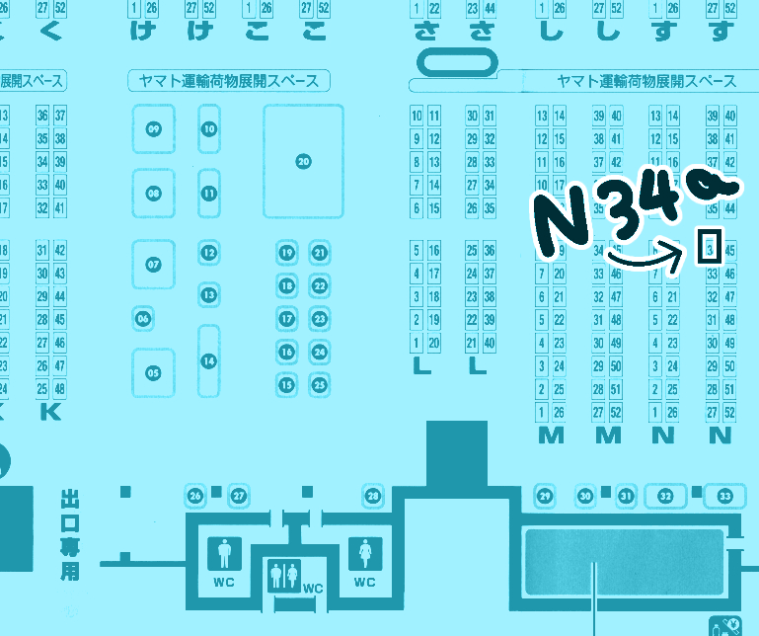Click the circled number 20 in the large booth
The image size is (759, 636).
click(x=303, y=161)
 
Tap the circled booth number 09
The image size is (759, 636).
click(x=153, y=129)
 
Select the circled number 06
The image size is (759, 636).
click(x=144, y=318)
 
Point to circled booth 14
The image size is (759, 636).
click(x=208, y=361)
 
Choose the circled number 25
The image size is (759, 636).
click(x=319, y=384)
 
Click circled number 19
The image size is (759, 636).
click(x=287, y=254)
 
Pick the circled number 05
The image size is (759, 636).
click(x=153, y=372)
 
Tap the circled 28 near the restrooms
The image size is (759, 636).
click(x=372, y=495)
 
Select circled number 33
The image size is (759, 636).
click(x=725, y=495)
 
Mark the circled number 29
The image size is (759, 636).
click(x=544, y=495)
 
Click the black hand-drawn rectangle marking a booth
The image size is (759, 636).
click(x=708, y=247)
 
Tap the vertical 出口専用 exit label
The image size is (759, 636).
click(x=70, y=532)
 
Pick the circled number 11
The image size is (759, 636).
click(x=208, y=194)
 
